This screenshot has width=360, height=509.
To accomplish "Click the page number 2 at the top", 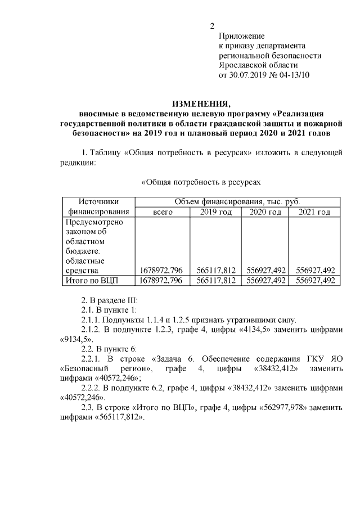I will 212,26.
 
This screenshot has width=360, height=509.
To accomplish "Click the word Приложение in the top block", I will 242,36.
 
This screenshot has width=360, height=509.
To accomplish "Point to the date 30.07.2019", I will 250,74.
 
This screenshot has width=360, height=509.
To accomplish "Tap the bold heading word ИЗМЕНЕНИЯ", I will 201,103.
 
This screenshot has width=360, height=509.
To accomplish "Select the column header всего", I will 163,212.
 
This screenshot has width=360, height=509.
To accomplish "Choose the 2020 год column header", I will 264,212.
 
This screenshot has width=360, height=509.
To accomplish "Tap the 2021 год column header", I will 314,212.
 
